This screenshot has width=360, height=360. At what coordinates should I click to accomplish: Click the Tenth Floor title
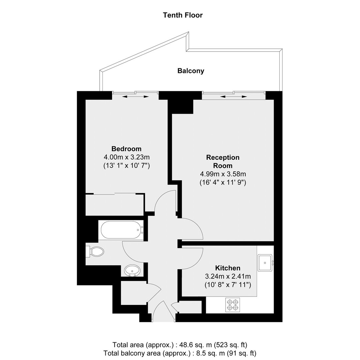pyautogui.click(x=183, y=15)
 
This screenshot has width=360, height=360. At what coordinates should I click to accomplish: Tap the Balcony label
pyautogui.click(x=191, y=71)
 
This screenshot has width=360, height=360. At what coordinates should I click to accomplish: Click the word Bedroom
pyautogui.click(x=126, y=149)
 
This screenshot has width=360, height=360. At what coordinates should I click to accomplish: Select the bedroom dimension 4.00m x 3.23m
pyautogui.click(x=127, y=157)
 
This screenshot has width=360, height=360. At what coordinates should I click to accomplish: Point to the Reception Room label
pyautogui.click(x=223, y=161)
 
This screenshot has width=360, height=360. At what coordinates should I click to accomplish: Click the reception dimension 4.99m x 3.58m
pyautogui.click(x=223, y=174)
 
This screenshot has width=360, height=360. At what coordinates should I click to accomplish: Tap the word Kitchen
pyautogui.click(x=228, y=268)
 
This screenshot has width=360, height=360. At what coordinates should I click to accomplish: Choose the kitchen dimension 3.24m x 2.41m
pyautogui.click(x=228, y=276)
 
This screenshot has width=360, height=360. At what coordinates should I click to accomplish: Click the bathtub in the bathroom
pyautogui.click(x=121, y=230)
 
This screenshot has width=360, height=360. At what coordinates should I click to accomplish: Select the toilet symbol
pyautogui.click(x=94, y=251)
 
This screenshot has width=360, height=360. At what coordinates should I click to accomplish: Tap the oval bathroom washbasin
pyautogui.click(x=132, y=270)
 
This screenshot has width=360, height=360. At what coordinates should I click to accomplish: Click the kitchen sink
pyautogui.click(x=266, y=263)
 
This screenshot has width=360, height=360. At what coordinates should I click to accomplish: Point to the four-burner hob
pyautogui.click(x=233, y=305)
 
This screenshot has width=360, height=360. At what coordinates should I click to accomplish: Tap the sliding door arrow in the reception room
pyautogui.click(x=234, y=97)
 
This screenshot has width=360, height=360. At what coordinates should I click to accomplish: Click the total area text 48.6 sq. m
pyautogui.click(x=180, y=345)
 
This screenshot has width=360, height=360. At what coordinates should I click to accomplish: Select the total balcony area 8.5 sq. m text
pyautogui.click(x=180, y=353)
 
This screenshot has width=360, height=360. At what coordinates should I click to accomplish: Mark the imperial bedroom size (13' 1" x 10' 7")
pyautogui.click(x=127, y=166)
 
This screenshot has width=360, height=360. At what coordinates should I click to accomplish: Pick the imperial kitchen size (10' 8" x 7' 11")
pyautogui.click(x=228, y=285)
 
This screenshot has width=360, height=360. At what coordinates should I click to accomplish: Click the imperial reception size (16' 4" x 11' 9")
pyautogui.click(x=223, y=183)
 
